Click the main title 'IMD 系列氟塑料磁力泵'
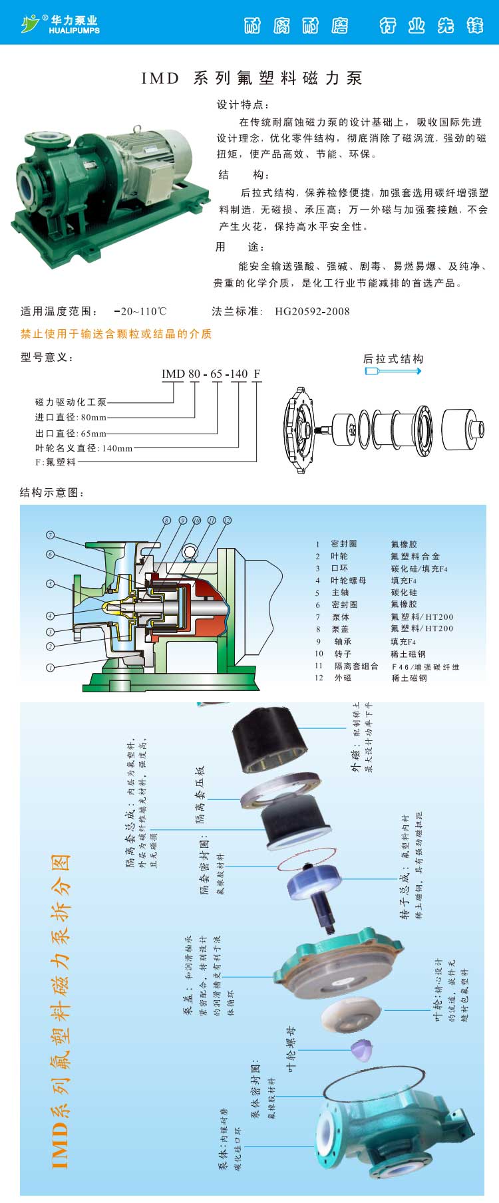tap(251, 78)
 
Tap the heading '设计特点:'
tap(243, 104)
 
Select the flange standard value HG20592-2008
tap(312, 311)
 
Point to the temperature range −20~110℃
tap(140, 311)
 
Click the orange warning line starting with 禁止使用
tap(116, 334)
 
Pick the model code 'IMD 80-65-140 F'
tap(211, 374)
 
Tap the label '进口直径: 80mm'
tap(71, 418)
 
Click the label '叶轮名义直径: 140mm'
tap(84, 448)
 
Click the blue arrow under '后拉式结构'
tap(393, 370)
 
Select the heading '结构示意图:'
tap(53, 493)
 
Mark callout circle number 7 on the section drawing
tap(50, 535)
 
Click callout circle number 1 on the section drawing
tap(50, 667)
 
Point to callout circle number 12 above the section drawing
tap(227, 520)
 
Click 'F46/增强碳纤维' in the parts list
tap(425, 666)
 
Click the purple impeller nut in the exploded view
tap(361, 1050)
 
